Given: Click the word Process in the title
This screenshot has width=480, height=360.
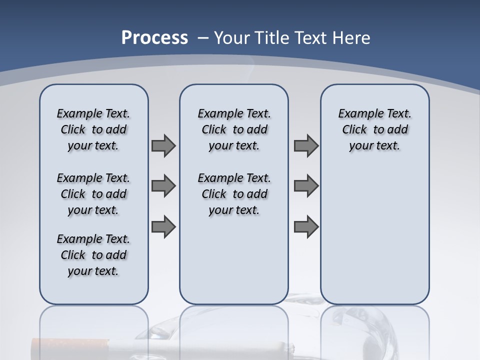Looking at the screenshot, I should [x=154, y=38].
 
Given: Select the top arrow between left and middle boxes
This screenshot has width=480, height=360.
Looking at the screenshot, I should [x=163, y=145].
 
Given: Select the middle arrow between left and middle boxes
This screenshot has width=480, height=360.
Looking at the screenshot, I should [x=163, y=186].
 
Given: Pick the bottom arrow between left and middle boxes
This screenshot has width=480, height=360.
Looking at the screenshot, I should [x=163, y=226].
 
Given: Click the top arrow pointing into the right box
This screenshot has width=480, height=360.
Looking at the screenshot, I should [x=306, y=145].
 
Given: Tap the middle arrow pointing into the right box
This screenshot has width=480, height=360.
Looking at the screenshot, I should [x=306, y=186].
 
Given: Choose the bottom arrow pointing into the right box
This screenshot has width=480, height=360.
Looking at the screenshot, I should [x=306, y=226].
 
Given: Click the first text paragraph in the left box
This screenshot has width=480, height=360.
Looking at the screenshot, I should [x=93, y=129].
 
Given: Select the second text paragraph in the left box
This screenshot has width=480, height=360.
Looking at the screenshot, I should [x=93, y=194].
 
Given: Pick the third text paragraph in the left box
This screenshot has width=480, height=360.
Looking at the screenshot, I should [x=93, y=255].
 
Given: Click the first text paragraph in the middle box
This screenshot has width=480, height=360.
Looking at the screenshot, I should [x=234, y=129].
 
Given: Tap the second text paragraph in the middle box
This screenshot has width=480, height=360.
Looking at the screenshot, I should [x=234, y=194].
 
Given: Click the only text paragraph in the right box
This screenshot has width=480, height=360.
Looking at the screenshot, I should [x=374, y=129].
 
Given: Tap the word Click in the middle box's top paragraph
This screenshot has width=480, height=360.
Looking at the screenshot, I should [x=214, y=129].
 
